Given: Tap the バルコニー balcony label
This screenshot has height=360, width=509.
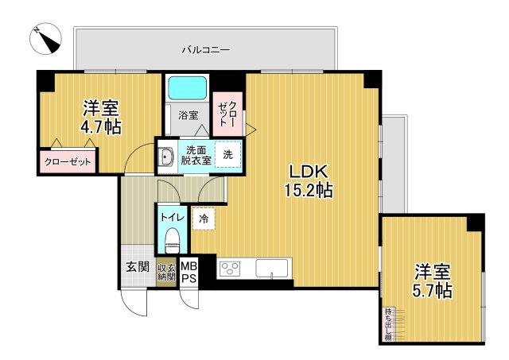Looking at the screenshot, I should (x=205, y=50).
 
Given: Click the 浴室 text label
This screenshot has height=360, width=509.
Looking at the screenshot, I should (x=188, y=114).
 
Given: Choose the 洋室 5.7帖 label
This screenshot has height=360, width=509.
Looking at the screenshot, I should (x=431, y=280).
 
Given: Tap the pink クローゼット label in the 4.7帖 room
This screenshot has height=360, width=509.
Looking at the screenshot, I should (x=68, y=162).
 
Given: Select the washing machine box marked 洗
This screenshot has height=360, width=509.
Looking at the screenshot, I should (x=227, y=155).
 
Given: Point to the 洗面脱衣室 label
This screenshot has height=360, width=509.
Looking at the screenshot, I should (x=195, y=155).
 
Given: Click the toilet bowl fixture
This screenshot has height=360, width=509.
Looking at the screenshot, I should (x=172, y=239).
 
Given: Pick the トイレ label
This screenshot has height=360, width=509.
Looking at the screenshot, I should (x=172, y=216).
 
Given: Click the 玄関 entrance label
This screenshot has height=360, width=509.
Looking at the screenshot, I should (x=137, y=267).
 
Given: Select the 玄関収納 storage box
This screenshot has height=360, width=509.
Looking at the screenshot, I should (x=165, y=272).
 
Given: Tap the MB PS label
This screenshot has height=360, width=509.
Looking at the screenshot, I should (x=188, y=272).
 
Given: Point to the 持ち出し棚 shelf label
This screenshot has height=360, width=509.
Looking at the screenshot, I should (x=388, y=324).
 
